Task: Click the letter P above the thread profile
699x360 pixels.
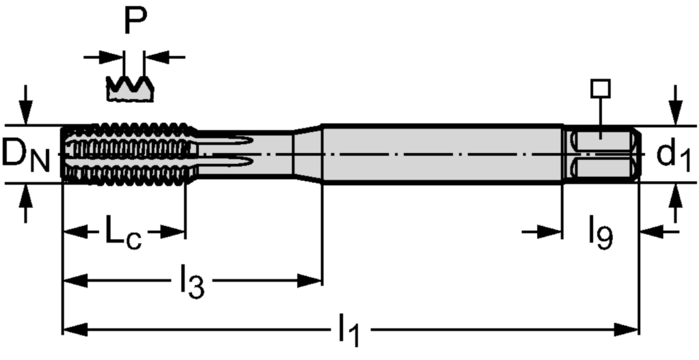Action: tap(135, 20)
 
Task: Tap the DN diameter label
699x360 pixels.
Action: tap(26, 154)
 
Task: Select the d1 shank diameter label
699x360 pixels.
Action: tap(673, 154)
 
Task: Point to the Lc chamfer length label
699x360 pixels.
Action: tap(123, 232)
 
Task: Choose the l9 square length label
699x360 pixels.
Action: tap(600, 234)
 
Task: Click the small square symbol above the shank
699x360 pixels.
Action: tap(601, 88)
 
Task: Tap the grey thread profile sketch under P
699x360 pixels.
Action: tap(130, 88)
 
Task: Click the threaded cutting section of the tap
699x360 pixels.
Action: tap(129, 154)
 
